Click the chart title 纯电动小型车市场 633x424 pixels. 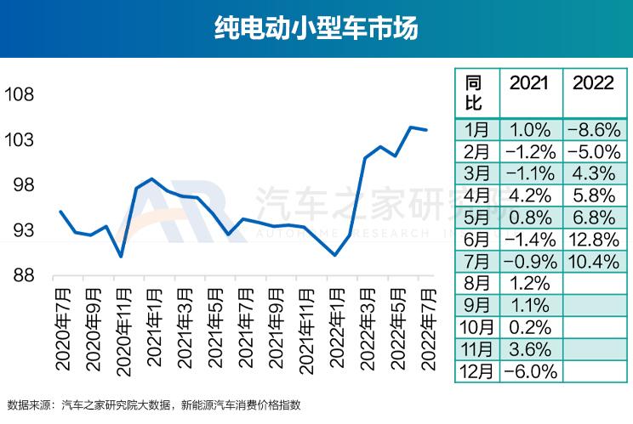(316, 30)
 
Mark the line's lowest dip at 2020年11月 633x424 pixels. (121, 256)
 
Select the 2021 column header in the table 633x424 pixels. (530, 83)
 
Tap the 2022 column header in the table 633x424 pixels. (594, 83)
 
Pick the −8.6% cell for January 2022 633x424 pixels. (594, 129)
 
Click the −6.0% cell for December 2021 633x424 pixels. (530, 371)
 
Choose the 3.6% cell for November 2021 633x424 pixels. (530, 349)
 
